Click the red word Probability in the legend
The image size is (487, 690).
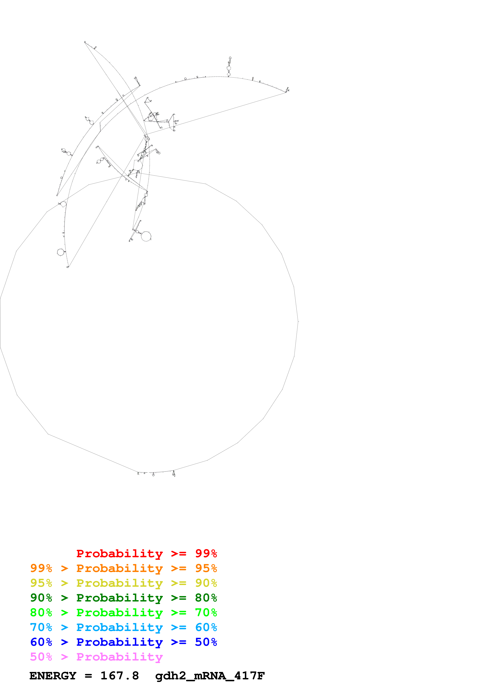119,553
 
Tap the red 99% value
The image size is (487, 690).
206,553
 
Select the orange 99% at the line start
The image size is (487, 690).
41,568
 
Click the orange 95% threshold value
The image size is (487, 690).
206,568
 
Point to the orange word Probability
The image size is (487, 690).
119,568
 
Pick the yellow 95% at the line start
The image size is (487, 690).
41,583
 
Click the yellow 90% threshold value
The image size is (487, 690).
206,583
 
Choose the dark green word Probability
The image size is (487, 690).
119,598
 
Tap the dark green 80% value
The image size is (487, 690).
206,598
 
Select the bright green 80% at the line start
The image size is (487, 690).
41,613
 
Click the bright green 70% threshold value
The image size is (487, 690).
206,613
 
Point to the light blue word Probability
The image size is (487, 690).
119,627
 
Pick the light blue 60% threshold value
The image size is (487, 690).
206,627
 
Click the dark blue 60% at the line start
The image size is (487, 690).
41,642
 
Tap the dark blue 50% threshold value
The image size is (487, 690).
206,642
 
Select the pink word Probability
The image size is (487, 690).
119,657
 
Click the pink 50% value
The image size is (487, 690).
41,657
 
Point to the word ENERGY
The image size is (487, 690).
53,676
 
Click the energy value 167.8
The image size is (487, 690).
119,676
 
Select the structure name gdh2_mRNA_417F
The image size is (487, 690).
210,676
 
